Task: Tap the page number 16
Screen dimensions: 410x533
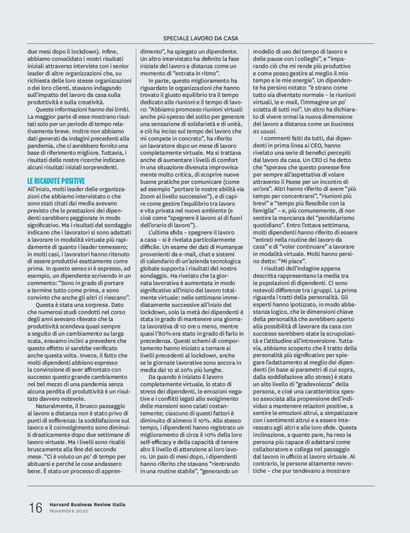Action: (x=35, y=508)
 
